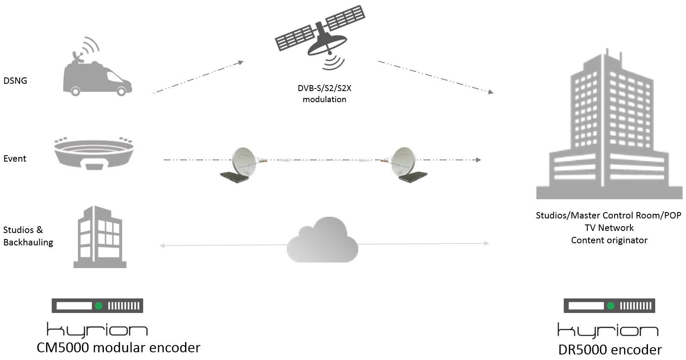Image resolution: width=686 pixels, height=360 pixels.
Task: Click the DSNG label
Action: tap(15, 81)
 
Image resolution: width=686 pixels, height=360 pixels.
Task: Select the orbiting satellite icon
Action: tap(321, 36)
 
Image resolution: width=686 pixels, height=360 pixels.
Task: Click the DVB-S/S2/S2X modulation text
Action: tap(324, 94)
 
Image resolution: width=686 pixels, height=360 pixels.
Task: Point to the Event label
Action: tap(15, 159)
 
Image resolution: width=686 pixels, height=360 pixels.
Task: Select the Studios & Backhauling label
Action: tap(28, 236)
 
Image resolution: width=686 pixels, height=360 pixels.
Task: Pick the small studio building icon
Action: tap(100, 237)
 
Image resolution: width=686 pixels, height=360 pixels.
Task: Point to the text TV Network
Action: tap(609, 228)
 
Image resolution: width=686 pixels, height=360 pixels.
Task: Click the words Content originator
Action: tap(609, 240)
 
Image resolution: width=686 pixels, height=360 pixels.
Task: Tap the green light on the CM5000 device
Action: tap(99, 306)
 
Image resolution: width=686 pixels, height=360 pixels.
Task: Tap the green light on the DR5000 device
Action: tap(611, 306)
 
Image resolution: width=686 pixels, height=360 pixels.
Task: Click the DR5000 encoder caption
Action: tap(610, 350)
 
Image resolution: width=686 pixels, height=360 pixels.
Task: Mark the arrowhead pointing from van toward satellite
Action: tap(241, 62)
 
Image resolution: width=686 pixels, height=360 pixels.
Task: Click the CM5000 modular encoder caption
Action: tap(118, 348)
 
